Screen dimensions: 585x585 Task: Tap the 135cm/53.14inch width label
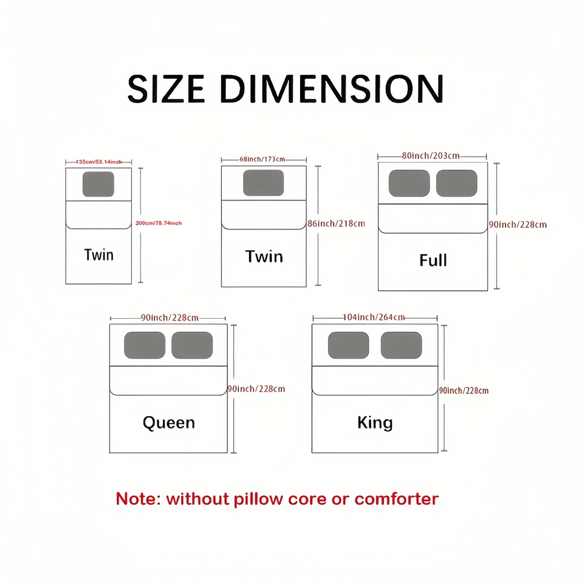click(99, 162)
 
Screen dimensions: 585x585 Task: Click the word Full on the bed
click(433, 260)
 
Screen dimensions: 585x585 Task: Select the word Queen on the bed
click(169, 423)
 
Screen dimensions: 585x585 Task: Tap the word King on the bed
click(375, 423)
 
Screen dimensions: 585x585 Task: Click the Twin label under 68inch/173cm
click(264, 256)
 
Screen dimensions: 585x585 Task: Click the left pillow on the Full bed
click(409, 183)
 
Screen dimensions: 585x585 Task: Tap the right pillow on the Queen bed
click(192, 345)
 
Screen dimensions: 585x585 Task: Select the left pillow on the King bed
click(348, 345)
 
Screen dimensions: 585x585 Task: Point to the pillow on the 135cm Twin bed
click(98, 184)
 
